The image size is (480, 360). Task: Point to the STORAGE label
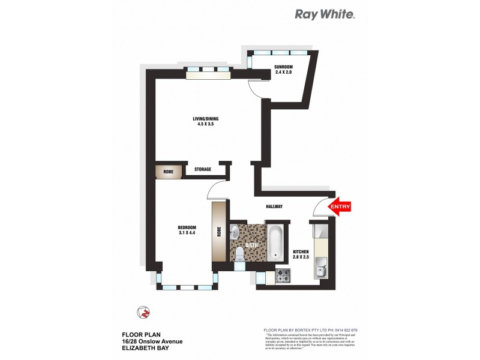tap(202, 170)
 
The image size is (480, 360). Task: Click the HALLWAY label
tap(274, 207)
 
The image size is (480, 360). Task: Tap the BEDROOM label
tap(187, 227)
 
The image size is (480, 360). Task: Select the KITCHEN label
tap(300, 252)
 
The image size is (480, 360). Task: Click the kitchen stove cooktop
tap(284, 277)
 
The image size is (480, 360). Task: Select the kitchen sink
tap(320, 271)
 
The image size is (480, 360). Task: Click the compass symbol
tap(143, 312)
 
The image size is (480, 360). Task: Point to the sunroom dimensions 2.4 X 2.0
tap(283, 72)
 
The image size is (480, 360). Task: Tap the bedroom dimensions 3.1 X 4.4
tap(187, 233)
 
